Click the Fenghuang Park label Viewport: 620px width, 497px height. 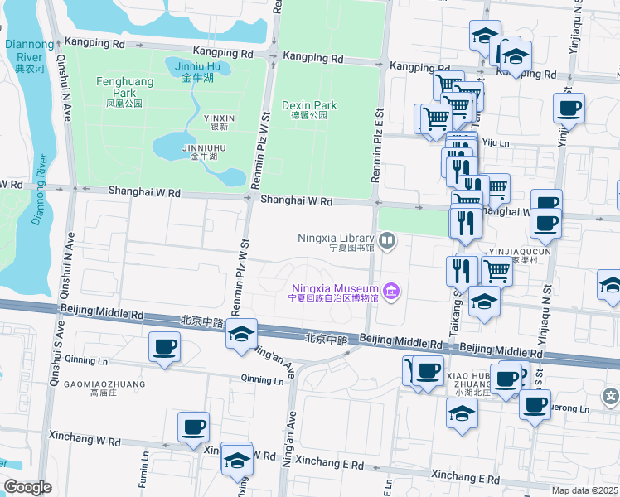(119, 89)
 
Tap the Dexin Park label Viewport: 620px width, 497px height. (309, 110)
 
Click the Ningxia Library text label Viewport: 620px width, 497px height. (337, 241)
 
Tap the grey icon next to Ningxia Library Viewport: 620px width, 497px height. (387, 241)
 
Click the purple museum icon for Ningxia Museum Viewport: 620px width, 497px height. (392, 292)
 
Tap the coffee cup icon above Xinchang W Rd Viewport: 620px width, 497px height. (193, 427)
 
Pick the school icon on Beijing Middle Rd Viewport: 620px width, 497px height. (241, 335)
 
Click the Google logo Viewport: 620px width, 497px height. (27, 487)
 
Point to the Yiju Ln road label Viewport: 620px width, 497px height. (496, 143)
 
